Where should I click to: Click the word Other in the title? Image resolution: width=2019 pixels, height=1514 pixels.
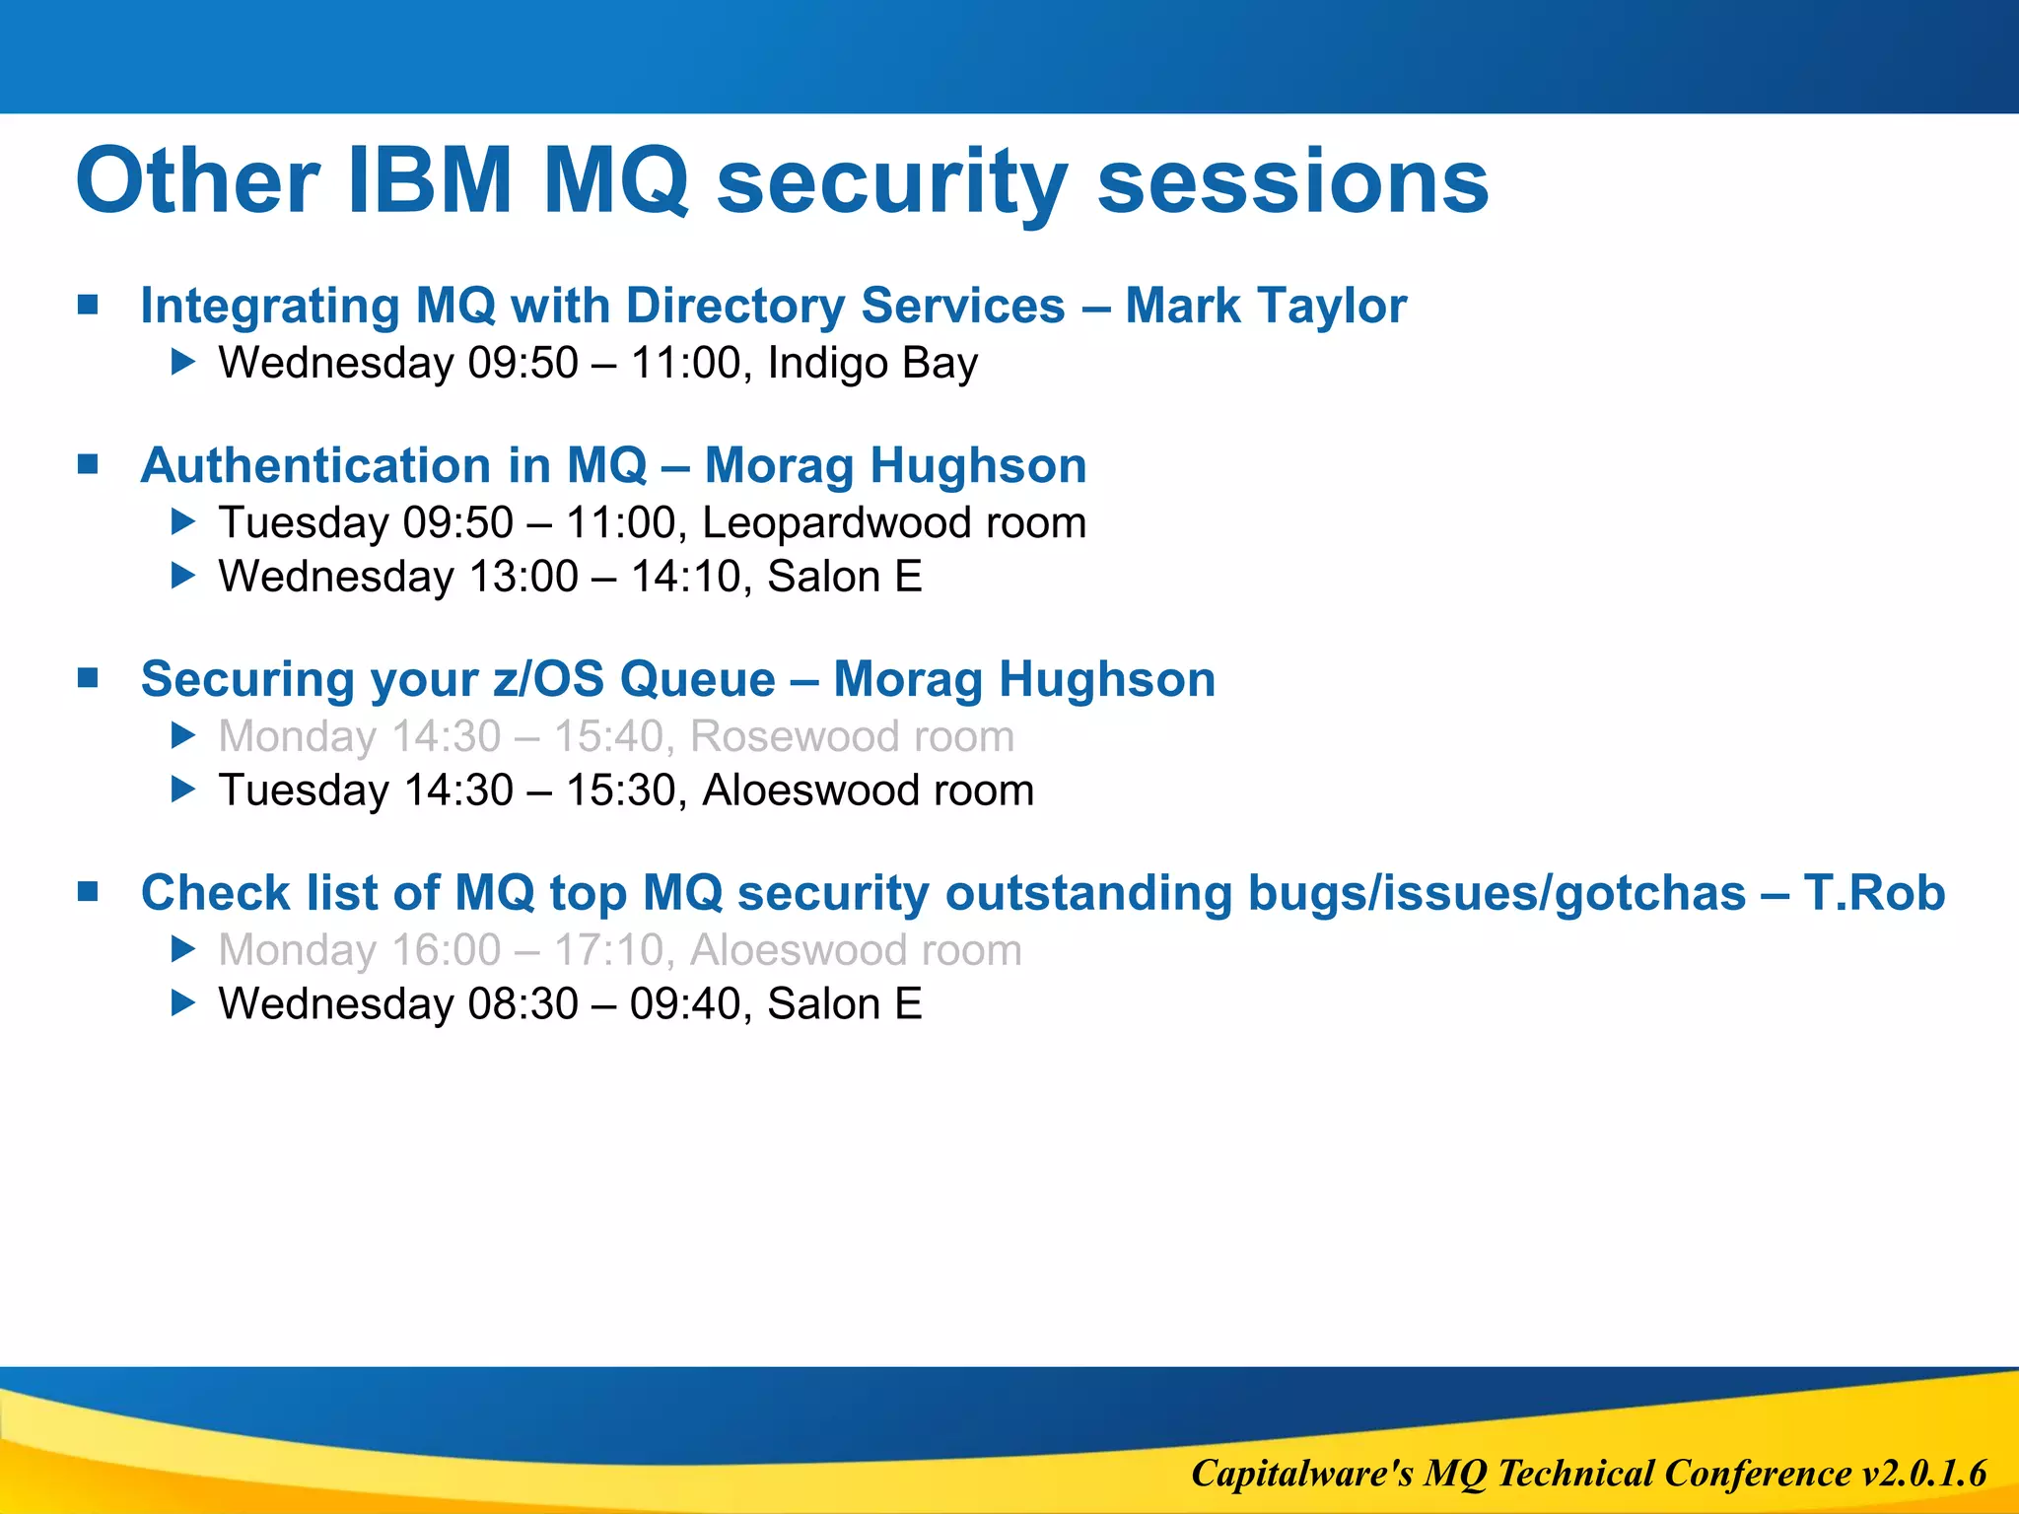(197, 181)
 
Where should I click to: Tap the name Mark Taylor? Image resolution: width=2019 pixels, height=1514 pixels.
(1266, 306)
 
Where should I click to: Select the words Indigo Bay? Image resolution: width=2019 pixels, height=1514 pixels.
(872, 364)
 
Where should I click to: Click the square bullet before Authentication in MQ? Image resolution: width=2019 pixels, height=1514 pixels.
(89, 464)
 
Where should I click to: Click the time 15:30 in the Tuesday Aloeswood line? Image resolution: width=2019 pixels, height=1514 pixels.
(621, 791)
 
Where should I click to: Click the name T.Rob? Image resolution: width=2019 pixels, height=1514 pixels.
(1874, 893)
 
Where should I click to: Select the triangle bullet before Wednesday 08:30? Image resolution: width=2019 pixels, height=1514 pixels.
(183, 1004)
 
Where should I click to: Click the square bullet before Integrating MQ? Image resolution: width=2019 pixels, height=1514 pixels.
(89, 305)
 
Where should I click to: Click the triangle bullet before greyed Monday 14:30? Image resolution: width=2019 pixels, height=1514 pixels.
(183, 736)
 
